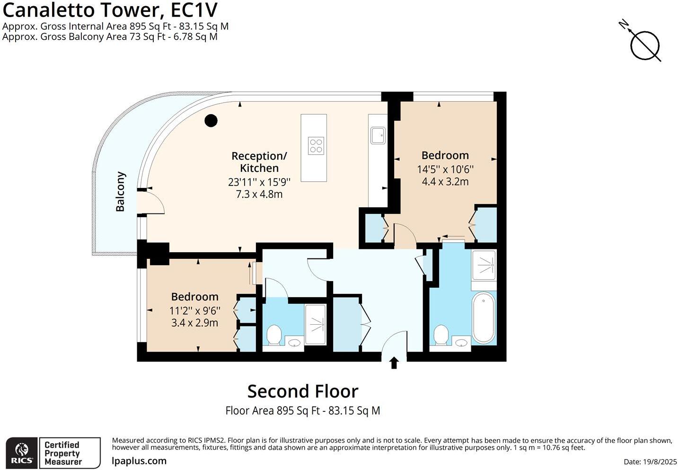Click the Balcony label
click(121, 191)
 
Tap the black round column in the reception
click(211, 121)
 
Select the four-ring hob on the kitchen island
click(316, 146)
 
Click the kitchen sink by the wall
click(378, 135)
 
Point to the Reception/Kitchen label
click(259, 162)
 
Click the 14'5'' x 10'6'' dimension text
click(445, 169)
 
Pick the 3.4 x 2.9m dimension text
click(194, 323)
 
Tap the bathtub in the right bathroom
click(484, 318)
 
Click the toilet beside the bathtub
click(440, 335)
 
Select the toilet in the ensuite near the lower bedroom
click(274, 335)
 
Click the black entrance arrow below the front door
click(394, 363)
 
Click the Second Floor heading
click(303, 391)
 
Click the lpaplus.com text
click(139, 461)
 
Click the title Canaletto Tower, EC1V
click(110, 10)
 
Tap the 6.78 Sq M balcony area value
click(195, 36)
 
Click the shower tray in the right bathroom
click(484, 265)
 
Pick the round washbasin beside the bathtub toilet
click(461, 343)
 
